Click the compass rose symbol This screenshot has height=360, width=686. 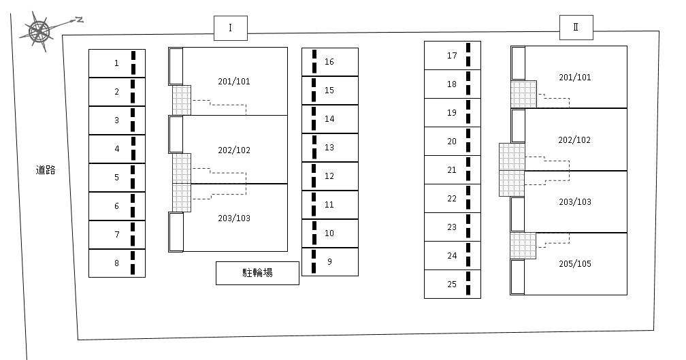(39, 31)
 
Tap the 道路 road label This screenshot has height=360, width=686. (46, 169)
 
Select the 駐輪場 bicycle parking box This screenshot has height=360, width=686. (257, 273)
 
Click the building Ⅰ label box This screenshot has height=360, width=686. (231, 29)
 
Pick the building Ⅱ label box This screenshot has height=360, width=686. (576, 27)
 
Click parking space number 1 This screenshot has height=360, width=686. (117, 63)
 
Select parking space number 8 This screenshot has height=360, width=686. (117, 263)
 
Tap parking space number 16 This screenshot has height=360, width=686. (330, 62)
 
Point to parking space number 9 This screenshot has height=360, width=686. (330, 261)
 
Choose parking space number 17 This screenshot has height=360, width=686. (453, 56)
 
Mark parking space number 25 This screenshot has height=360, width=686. (453, 284)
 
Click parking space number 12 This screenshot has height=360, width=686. (330, 176)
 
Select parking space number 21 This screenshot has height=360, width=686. (453, 169)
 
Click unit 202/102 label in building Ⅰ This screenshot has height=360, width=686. (234, 150)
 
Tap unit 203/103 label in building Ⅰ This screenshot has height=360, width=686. (234, 218)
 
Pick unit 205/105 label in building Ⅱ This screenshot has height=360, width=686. (575, 263)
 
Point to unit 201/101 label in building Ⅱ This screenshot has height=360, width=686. (575, 77)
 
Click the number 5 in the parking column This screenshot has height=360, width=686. (117, 177)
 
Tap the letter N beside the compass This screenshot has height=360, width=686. (79, 20)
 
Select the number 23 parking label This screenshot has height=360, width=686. (452, 227)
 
